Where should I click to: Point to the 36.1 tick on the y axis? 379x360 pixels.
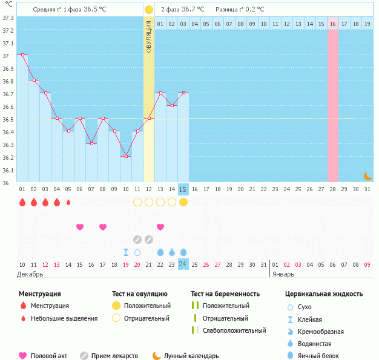point(8,170)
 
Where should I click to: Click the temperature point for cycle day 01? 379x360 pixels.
point(22,54)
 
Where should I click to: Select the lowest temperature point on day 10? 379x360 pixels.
point(126,156)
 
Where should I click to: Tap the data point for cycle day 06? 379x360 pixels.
point(80,118)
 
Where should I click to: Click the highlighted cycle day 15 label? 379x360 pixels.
point(183,189)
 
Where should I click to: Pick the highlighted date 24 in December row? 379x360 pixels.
point(183,264)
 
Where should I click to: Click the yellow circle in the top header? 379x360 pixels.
point(149,10)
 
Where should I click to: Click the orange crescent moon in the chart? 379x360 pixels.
point(367,175)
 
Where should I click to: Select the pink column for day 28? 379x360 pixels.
point(333,106)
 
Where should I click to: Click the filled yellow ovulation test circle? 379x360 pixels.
point(183,202)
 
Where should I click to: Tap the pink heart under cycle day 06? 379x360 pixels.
point(80,227)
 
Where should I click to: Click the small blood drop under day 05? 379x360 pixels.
point(68,202)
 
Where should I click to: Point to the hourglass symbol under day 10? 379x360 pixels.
point(126,252)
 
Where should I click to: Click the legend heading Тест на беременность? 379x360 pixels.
point(225,293)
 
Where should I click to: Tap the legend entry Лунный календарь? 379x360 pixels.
point(191,356)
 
